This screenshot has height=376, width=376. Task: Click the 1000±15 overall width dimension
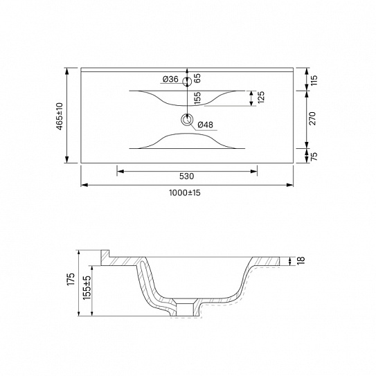tap(185, 193)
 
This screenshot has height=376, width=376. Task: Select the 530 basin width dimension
tap(186, 177)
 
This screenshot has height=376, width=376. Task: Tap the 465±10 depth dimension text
tap(60, 116)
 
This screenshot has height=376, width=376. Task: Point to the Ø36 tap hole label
tap(170, 79)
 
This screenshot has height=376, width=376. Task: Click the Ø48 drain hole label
tap(205, 125)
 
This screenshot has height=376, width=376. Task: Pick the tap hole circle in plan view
tap(187, 82)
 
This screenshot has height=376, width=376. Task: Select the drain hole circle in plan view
tap(187, 119)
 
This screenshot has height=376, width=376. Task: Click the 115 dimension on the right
tap(314, 80)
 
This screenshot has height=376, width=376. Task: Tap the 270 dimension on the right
tap(313, 118)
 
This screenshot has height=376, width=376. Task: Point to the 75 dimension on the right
tap(314, 156)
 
